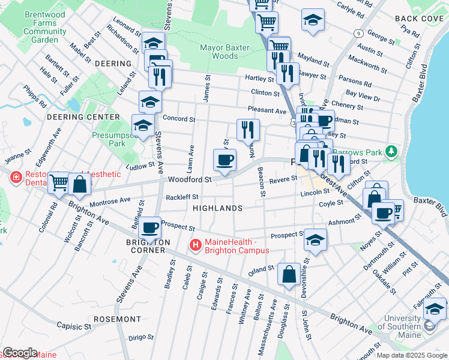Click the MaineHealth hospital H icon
pyautogui.click(x=195, y=245)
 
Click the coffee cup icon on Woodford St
pyautogui.click(x=224, y=160)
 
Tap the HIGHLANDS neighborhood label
pyautogui.click(x=217, y=208)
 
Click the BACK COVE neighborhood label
pyautogui.click(x=418, y=19)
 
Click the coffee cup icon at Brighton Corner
pyautogui.click(x=149, y=228)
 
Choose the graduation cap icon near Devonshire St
pyautogui.click(x=315, y=240)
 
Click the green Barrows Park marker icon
pyautogui.click(x=392, y=150)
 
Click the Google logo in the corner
pyautogui.click(x=20, y=352)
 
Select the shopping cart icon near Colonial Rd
pyautogui.click(x=59, y=182)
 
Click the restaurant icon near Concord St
pyautogui.click(x=247, y=130)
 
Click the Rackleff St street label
pyautogui.click(x=182, y=196)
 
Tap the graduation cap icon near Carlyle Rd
pyautogui.click(x=313, y=20)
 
